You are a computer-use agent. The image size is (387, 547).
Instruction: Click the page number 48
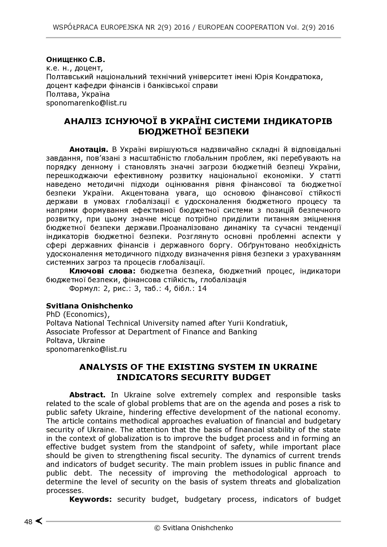click(x=28, y=522)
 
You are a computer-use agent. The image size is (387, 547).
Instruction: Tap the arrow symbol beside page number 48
click(x=39, y=521)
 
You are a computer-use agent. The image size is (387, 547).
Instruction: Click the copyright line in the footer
click(x=193, y=528)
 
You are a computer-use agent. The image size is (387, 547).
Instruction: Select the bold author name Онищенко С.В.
click(x=76, y=59)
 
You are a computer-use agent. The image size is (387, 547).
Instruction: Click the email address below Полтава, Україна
click(x=86, y=103)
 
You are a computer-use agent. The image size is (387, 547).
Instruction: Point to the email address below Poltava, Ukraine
click(x=86, y=349)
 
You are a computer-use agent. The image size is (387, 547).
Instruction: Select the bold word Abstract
click(x=87, y=395)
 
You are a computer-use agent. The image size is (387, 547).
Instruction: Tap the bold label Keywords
click(x=91, y=499)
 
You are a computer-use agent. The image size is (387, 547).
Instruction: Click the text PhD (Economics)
click(x=78, y=314)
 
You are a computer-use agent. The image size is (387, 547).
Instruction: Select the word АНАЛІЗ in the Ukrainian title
click(x=82, y=121)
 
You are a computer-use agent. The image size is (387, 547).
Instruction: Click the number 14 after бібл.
click(x=202, y=288)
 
